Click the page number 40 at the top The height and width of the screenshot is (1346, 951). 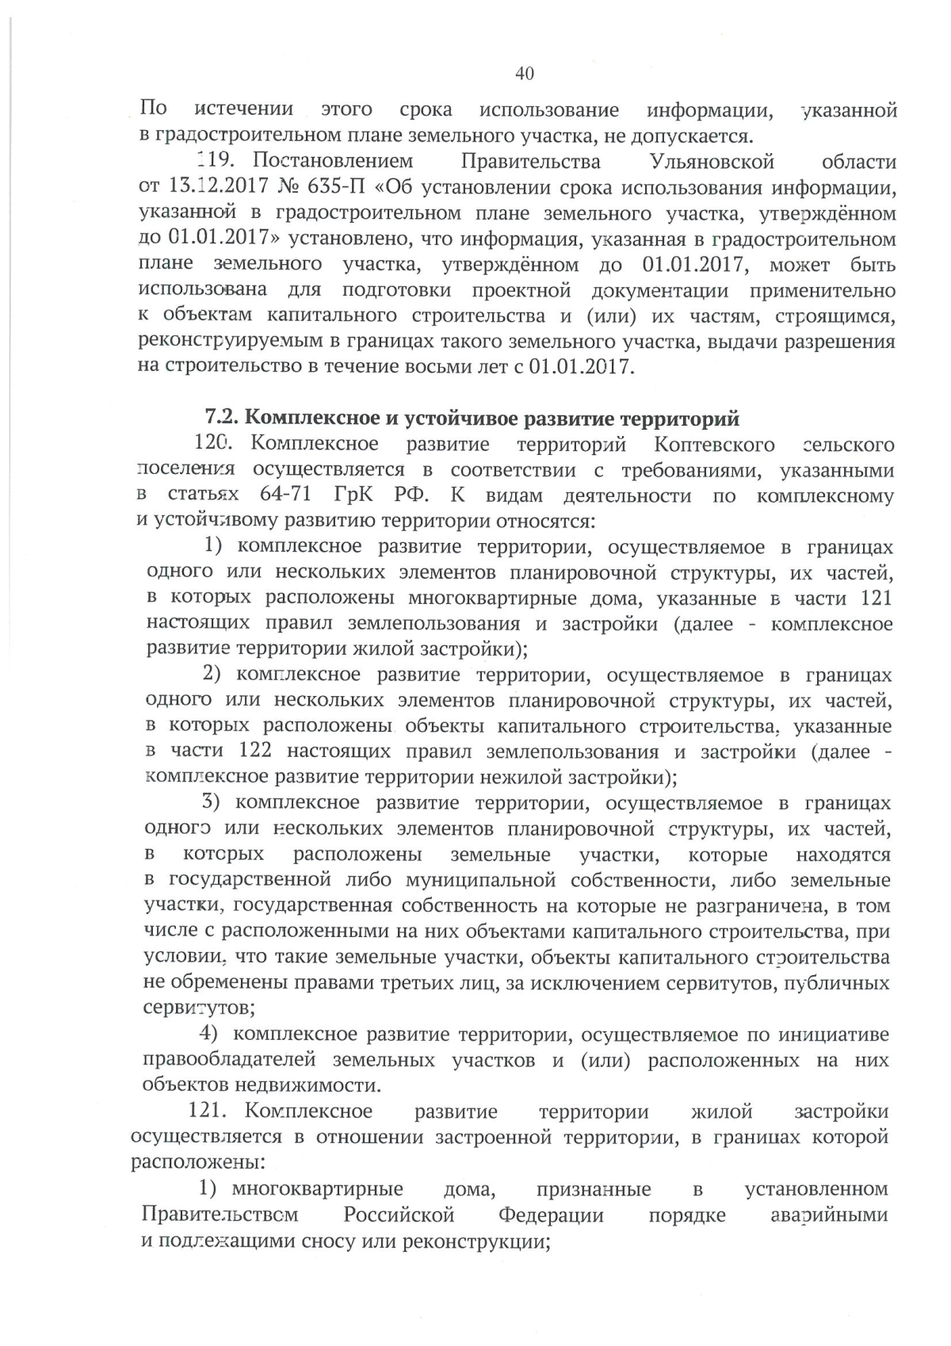pos(525,74)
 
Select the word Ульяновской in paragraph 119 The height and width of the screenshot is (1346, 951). pos(711,163)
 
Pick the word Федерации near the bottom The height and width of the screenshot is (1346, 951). pos(551,1215)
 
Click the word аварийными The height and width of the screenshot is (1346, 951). pos(829,1215)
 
